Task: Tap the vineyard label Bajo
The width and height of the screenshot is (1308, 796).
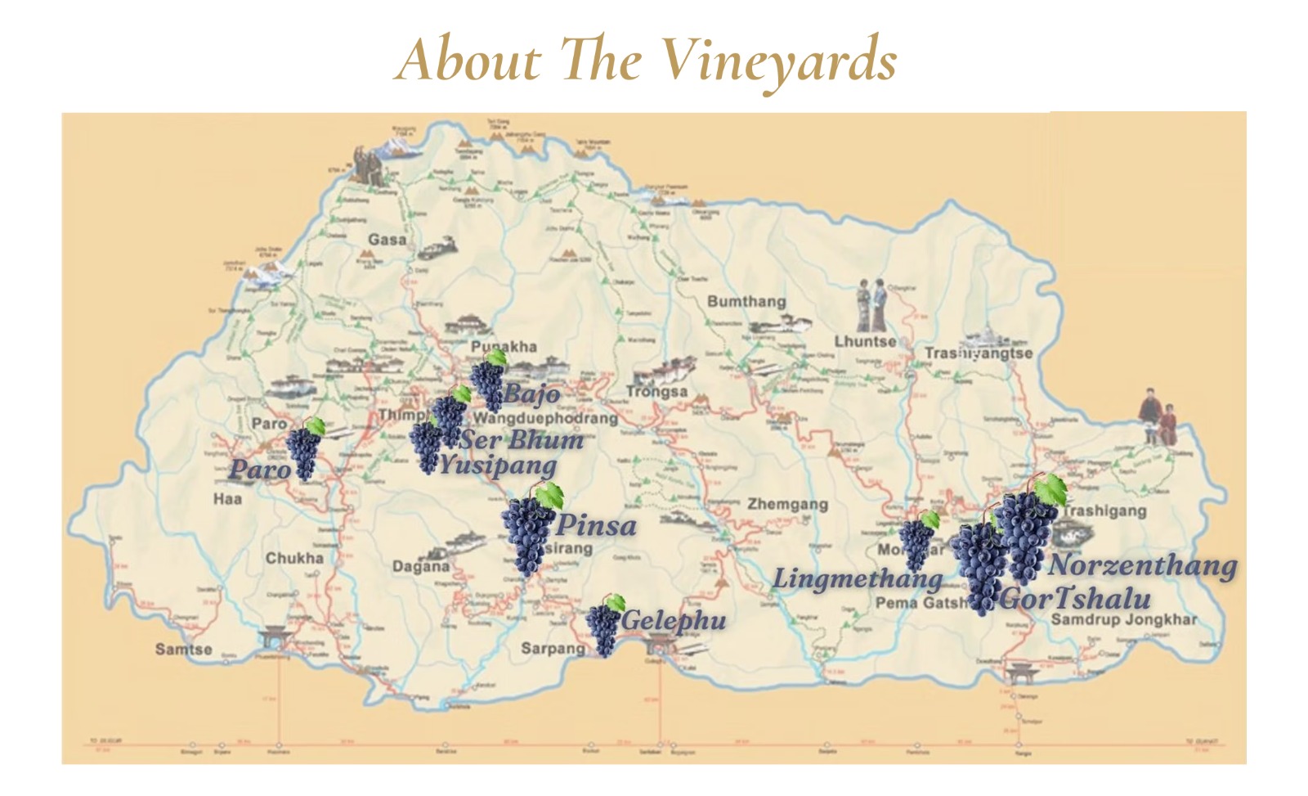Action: coord(531,394)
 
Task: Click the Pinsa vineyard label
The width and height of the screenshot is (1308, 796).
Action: coord(596,524)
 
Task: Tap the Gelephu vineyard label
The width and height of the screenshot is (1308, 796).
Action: coord(674,621)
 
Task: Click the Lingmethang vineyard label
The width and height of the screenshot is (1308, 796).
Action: coord(858,579)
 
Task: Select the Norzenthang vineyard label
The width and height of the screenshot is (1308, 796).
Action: coord(1142,565)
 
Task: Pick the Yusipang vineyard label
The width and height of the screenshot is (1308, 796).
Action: coord(498,466)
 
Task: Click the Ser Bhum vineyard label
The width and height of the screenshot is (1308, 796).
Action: coord(522,440)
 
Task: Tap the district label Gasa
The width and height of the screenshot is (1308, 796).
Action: coord(387,240)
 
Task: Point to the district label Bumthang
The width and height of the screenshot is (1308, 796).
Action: coord(746,302)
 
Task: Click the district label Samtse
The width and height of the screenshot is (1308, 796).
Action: coord(183,650)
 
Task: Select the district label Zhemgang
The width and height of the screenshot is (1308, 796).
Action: coord(787,505)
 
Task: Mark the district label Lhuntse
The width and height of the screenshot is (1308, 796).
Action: coord(865,341)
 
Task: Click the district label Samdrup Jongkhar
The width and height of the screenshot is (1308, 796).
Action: coord(1123,619)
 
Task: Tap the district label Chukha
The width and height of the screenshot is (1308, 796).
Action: coord(294,558)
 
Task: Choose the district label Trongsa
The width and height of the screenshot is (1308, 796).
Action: coord(656,392)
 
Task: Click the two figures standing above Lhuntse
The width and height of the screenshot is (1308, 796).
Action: coord(871,304)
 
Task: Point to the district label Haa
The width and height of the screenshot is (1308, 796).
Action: coord(227,498)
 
